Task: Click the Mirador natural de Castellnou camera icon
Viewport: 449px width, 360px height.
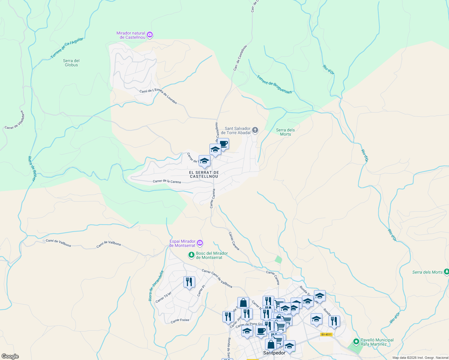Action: (150, 35)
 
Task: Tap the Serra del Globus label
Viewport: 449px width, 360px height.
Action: (71, 63)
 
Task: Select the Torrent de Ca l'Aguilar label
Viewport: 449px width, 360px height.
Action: (67, 48)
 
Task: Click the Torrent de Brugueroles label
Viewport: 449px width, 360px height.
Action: (274, 84)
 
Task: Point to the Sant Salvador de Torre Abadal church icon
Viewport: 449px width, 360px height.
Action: (255, 130)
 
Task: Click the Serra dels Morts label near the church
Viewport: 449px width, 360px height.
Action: (285, 132)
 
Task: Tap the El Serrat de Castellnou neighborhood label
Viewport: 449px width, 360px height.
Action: (204, 175)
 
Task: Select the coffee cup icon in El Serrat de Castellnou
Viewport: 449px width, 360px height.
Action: (223, 143)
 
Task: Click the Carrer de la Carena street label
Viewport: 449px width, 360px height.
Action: (167, 181)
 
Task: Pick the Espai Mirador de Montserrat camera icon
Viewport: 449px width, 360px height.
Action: (200, 243)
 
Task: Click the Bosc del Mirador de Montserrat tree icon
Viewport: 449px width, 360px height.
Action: (191, 255)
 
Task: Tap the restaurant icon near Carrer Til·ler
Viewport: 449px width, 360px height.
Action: (189, 282)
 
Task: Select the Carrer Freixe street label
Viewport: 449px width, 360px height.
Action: (180, 320)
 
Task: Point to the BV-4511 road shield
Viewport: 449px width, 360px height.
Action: (326, 334)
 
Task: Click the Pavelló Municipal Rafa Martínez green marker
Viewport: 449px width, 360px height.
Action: (356, 342)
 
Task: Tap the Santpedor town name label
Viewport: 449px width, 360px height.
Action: (274, 353)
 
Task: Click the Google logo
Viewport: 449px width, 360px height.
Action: (10, 356)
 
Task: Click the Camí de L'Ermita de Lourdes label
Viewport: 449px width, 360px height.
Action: (158, 96)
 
